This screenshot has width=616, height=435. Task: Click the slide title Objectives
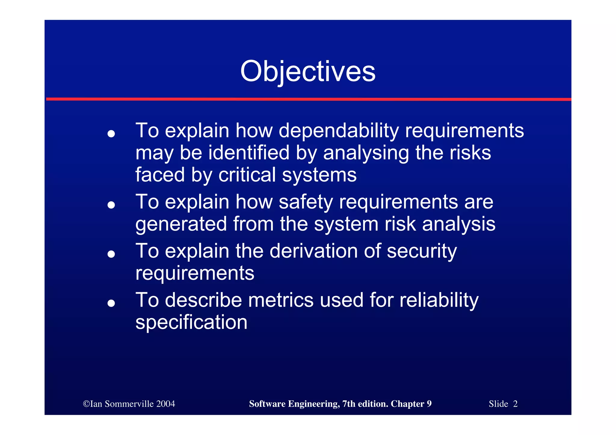pyautogui.click(x=308, y=72)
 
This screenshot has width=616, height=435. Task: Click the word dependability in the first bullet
pyautogui.click(x=338, y=131)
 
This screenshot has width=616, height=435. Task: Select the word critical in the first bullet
pyautogui.click(x=247, y=175)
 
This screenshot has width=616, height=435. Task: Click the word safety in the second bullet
pyautogui.click(x=306, y=202)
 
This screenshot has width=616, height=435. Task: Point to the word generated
pyautogui.click(x=181, y=224)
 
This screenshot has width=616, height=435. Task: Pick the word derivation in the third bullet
pyautogui.click(x=314, y=251)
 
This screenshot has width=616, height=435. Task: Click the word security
pyautogui.click(x=422, y=251)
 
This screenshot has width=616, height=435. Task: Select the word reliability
pyautogui.click(x=439, y=300)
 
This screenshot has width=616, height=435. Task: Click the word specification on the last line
pyautogui.click(x=191, y=323)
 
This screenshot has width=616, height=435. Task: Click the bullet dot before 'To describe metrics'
pyautogui.click(x=111, y=303)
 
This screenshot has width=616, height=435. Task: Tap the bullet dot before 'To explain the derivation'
pyautogui.click(x=111, y=254)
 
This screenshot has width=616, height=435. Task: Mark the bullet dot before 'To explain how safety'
pyautogui.click(x=111, y=205)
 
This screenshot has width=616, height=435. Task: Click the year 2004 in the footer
pyautogui.click(x=165, y=404)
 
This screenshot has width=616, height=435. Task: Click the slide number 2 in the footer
pyautogui.click(x=515, y=404)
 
